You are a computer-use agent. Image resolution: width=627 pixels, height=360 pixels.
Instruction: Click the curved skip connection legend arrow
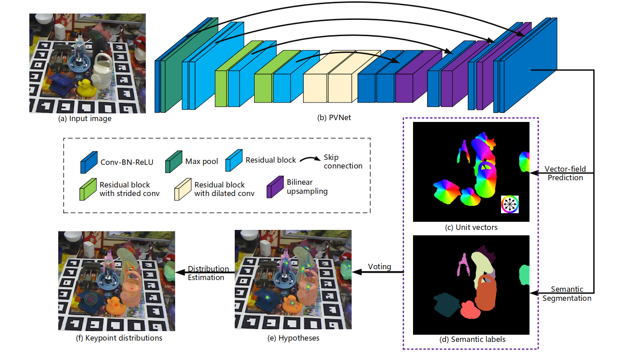[309, 159]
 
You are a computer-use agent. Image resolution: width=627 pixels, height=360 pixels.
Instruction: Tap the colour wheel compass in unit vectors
[510, 205]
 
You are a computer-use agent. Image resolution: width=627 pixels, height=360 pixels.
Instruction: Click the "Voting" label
[379, 266]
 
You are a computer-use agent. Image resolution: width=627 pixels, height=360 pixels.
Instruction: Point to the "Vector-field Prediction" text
[565, 173]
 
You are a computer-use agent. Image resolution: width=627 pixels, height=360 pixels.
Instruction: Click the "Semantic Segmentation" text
[567, 294]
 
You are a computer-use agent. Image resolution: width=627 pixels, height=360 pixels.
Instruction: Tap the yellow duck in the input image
[86, 87]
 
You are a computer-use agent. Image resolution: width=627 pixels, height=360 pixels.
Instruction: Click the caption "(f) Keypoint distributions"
[116, 337]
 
